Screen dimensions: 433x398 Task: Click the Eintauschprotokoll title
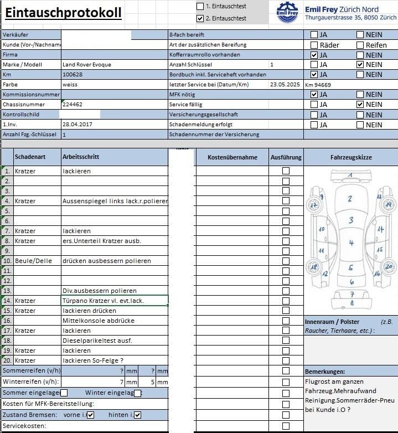point(63,13)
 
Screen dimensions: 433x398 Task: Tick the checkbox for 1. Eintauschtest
point(200,6)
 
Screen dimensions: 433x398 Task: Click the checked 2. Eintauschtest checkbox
point(200,18)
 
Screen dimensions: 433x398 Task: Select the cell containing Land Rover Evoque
point(87,65)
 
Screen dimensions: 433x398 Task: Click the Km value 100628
point(73,75)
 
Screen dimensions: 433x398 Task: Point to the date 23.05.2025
point(285,85)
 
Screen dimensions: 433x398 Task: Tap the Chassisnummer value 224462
point(73,105)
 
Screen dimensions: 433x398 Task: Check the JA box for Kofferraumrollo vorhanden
point(314,55)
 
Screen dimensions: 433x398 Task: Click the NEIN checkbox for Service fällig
point(360,105)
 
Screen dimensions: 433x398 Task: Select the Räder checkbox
point(314,45)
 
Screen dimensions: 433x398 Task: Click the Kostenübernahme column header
point(232,157)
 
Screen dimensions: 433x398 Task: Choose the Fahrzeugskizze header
point(351,157)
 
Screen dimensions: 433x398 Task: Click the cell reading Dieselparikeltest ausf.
point(97,341)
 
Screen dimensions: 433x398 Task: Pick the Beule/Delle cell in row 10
point(37,261)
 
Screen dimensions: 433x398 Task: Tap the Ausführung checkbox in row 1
point(286,171)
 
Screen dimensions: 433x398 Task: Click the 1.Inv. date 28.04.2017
point(77,125)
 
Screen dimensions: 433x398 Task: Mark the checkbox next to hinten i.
point(138,415)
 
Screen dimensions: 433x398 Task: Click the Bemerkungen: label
point(325,372)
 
